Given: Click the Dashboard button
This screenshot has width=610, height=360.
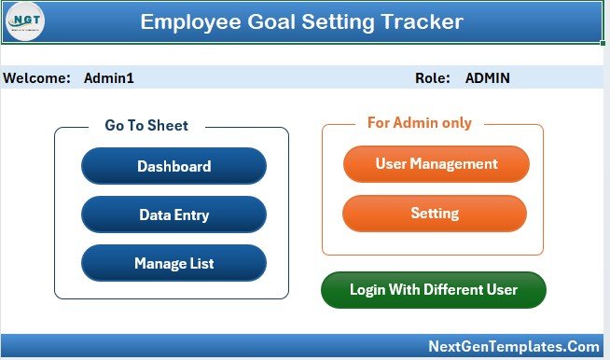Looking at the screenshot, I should pos(173,167).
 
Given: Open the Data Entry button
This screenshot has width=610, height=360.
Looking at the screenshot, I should pos(173,215).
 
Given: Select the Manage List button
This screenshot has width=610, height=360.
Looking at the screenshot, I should pos(173,264).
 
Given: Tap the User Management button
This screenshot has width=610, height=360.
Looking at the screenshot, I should pos(436,164).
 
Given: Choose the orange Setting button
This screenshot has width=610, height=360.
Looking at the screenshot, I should pos(435,214).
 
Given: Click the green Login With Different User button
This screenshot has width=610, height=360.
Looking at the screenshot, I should pos(433,290).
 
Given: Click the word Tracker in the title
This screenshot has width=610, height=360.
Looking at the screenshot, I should pos(419,21).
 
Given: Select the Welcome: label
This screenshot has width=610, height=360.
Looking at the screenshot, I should pos(37,78).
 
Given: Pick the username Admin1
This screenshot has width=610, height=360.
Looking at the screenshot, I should pos(109,78).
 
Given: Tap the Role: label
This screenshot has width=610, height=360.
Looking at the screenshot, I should pos(433,78).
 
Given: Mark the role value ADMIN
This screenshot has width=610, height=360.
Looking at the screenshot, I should pos(487,78).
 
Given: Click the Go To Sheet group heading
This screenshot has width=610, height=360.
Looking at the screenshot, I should pos(146,126).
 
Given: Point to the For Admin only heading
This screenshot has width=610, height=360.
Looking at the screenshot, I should pos(419,123).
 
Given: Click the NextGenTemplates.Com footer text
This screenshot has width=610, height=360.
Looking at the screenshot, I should pos(513,346).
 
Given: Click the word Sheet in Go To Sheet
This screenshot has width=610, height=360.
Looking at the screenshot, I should pos(168,126).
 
